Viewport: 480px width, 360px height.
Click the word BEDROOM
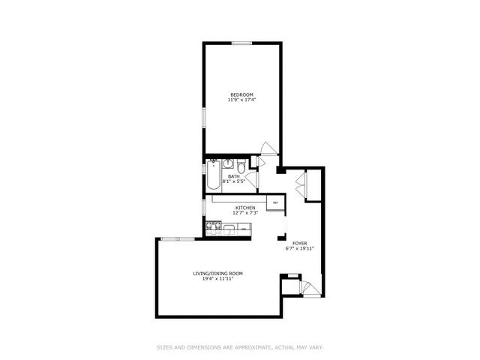[242, 94]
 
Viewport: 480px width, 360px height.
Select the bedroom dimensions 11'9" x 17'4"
[242, 99]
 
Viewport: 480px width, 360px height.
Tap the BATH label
[234, 176]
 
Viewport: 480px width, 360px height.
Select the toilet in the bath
[241, 166]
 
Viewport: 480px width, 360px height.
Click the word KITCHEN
[245, 208]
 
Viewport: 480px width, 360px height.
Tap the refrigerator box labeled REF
[275, 202]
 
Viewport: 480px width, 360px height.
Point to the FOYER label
[298, 243]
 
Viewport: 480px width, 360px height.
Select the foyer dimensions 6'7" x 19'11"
[298, 248]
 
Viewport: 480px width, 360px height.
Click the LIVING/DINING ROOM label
[217, 274]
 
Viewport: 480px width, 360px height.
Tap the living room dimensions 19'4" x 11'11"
[217, 279]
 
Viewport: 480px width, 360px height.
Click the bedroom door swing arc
[266, 148]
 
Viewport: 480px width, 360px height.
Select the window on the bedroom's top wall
[241, 43]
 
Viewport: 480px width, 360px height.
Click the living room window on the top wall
[177, 238]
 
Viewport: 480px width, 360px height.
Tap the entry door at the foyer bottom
[309, 287]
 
